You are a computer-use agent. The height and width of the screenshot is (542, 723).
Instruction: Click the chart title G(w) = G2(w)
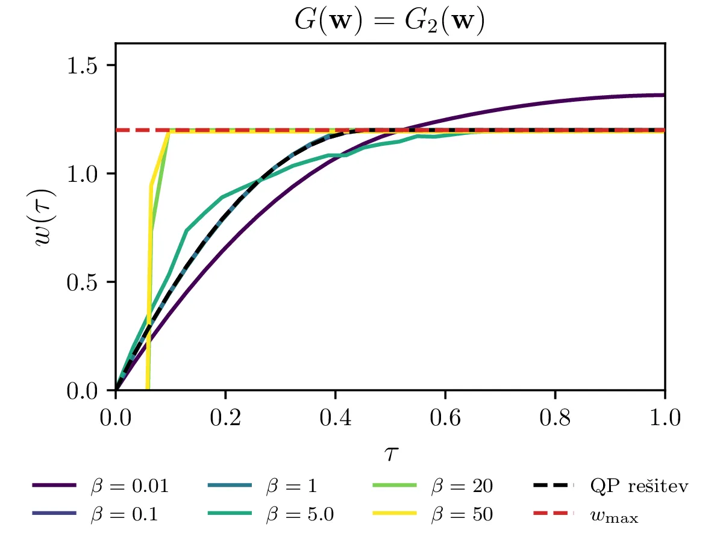tap(390, 21)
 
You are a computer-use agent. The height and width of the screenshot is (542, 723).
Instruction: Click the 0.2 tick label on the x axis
tap(225, 417)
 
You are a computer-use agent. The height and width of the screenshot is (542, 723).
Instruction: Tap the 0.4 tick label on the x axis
tap(335, 417)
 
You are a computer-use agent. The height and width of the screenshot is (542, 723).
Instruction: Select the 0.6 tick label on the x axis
tap(445, 417)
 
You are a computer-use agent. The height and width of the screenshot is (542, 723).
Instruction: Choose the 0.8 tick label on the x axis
tap(555, 417)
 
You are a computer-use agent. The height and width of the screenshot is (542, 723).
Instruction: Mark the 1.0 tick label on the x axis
tap(665, 417)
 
